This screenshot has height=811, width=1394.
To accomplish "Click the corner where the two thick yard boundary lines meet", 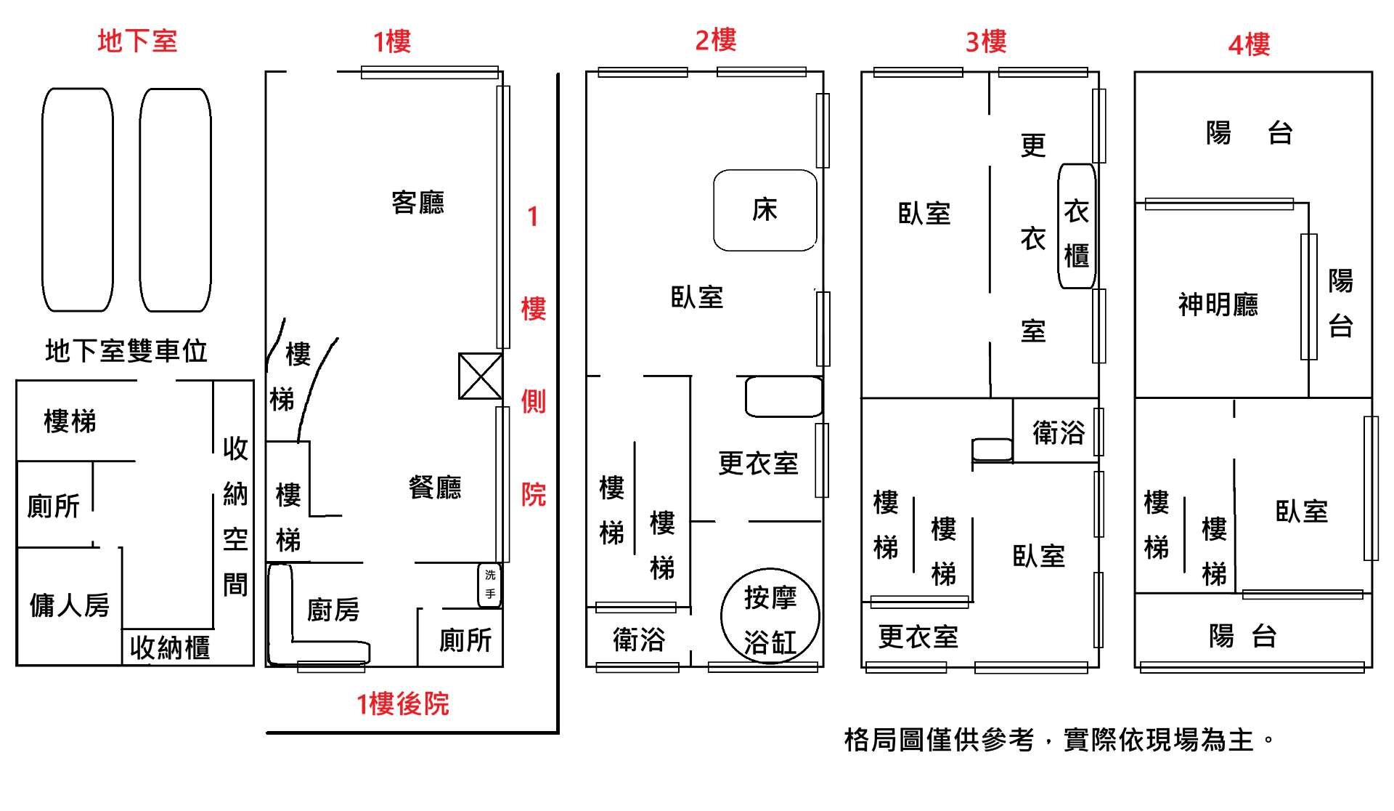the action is (558, 732).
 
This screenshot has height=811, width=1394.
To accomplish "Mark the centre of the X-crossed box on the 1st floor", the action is (480, 376).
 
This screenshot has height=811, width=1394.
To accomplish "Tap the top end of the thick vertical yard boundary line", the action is (558, 73).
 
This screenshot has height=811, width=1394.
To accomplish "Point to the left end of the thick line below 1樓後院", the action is (268, 733).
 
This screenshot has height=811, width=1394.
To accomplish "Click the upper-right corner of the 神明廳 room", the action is (1308, 203).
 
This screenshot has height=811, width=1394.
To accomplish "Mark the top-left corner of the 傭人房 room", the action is (17, 547).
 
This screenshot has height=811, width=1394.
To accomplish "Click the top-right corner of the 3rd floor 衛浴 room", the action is (1098, 398).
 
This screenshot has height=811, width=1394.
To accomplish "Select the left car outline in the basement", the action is (78, 200).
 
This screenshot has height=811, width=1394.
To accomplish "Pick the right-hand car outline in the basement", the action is (175, 200).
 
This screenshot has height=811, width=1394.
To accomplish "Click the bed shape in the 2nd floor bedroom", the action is (765, 210).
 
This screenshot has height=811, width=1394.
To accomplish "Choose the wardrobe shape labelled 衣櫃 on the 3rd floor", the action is (1076, 226).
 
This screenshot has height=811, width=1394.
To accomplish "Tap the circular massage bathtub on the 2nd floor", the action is (770, 616).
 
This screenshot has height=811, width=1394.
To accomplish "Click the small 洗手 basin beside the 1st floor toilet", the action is (490, 585).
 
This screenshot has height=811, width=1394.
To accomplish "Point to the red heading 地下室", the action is (137, 41).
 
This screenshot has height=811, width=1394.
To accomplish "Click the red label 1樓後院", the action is (402, 703).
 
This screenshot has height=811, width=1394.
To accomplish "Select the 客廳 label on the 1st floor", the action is (417, 202).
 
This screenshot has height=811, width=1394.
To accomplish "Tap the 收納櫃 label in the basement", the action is (170, 647).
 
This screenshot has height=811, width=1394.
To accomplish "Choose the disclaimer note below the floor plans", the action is (1059, 740).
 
